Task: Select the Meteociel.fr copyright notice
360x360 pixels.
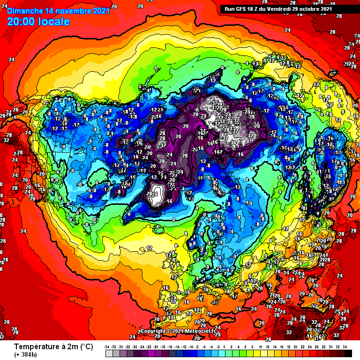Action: pos(178,331)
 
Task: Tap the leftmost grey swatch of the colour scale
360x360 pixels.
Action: pos(108,353)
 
